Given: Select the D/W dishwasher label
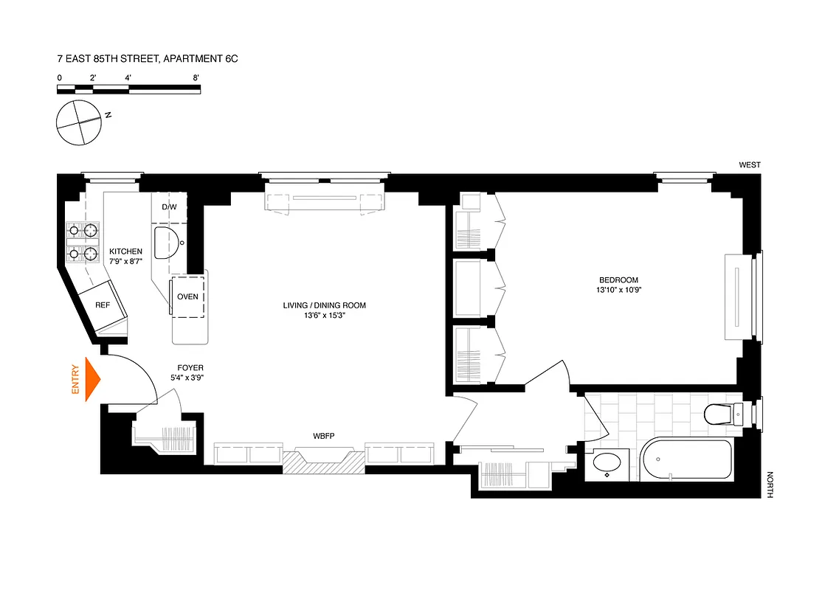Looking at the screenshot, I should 169,206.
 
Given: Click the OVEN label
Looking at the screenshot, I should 187,297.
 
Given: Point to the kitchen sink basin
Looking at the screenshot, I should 167,240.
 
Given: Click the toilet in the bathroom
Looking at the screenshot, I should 720,414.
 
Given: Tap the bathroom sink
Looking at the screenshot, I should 608,464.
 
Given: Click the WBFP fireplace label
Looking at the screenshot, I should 324,436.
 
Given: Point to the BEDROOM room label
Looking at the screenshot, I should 618,280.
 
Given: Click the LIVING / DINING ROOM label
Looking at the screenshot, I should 324,305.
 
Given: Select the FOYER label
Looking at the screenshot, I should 190,367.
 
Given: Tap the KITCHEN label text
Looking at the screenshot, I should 126,251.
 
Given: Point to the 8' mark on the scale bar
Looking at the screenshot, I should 196,77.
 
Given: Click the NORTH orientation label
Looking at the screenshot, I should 770,485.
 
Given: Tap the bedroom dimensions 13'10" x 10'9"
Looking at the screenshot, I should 618,291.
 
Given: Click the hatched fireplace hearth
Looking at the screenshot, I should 325,462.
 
